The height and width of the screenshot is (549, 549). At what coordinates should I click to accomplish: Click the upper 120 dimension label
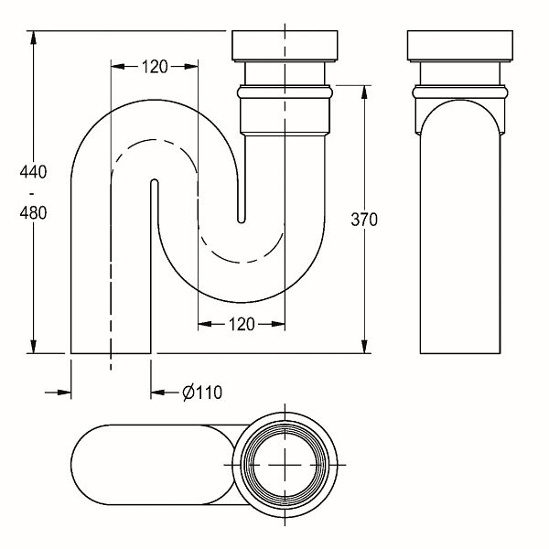point(155,67)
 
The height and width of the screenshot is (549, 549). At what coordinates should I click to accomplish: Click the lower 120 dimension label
point(242,324)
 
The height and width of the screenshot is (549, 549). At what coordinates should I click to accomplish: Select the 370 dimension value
point(364,220)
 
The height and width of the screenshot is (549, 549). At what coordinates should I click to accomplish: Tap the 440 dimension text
point(33,172)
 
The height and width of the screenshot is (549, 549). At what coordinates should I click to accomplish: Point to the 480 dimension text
point(33,213)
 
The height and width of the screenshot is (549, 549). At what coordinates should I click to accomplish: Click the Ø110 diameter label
point(202,393)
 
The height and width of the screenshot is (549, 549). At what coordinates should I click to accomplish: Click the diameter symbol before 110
point(188,393)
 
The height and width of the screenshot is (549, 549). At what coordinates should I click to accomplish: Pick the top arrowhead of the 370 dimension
point(364,91)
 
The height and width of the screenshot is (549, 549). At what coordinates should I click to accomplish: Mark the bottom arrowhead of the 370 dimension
point(364,347)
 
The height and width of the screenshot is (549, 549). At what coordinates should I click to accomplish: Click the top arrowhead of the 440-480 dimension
point(33,38)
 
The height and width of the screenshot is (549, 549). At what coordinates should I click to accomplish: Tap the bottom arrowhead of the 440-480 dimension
point(33,347)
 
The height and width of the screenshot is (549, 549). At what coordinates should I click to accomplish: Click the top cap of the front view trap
point(285,46)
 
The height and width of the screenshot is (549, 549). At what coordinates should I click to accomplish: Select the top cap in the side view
point(460,46)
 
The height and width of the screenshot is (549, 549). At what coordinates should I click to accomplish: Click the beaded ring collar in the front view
point(285,92)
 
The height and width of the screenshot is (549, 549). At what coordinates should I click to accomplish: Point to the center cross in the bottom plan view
point(285,465)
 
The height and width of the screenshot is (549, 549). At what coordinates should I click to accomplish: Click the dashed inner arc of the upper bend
point(154,140)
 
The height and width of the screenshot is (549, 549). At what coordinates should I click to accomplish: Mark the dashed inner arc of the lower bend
point(242,262)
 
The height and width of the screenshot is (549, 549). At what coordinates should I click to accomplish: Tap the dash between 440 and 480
point(33,193)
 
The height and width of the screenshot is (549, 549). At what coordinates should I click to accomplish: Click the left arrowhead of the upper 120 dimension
point(118,67)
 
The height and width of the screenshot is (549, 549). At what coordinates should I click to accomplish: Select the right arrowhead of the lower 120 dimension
point(278,324)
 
